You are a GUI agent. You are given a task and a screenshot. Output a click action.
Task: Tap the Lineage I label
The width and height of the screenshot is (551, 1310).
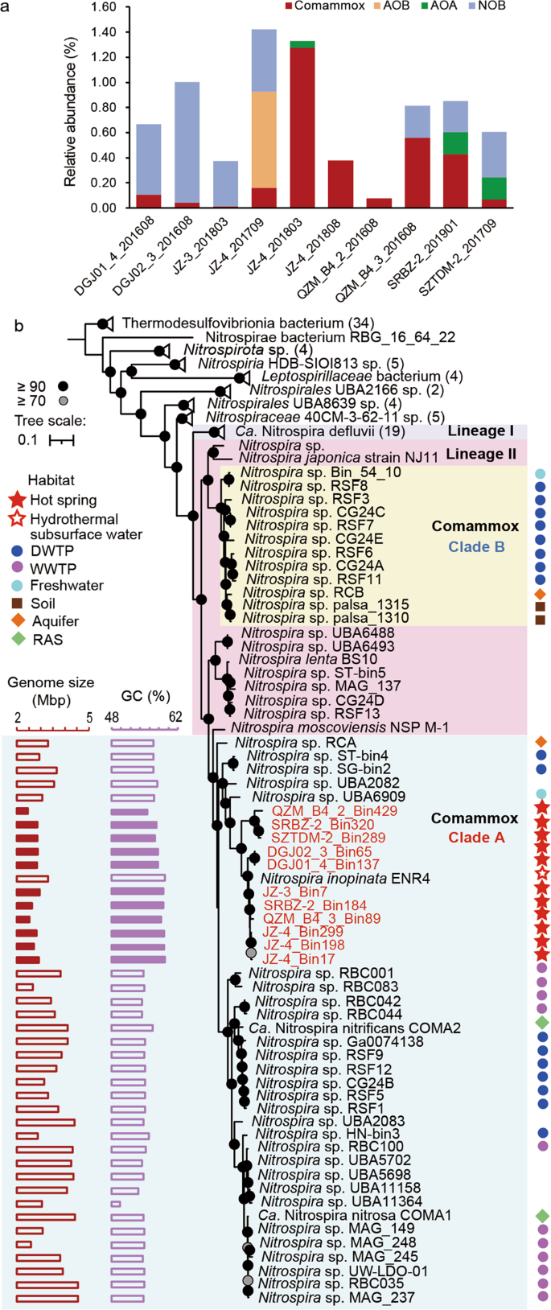coord(480,431)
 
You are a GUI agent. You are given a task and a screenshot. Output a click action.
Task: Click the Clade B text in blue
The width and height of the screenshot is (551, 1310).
coord(475,547)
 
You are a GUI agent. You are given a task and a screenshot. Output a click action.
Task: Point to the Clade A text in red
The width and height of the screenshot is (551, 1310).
coord(475,838)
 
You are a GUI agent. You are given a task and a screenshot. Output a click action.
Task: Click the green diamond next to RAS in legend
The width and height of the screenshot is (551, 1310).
coord(18,640)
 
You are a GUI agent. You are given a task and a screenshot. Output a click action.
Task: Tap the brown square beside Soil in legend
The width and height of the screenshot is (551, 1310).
coord(18,603)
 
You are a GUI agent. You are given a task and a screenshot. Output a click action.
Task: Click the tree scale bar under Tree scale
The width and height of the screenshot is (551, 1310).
coord(61,440)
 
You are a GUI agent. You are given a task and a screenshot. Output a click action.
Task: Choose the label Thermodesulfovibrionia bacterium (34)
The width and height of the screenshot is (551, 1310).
coord(248,323)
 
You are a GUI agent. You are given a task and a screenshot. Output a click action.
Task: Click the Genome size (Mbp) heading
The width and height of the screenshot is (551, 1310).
coord(51,689)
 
